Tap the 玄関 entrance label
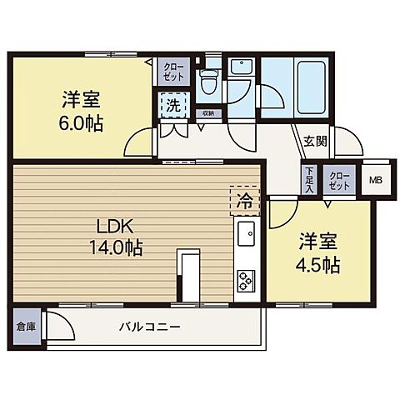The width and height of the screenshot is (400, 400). [315, 141]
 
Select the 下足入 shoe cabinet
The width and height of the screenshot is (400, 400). [307, 177]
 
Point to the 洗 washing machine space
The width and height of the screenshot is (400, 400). [171, 106]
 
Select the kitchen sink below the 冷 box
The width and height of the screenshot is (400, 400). [247, 235]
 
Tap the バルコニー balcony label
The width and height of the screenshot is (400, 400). [149, 326]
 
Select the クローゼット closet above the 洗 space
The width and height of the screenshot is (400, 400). [174, 70]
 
